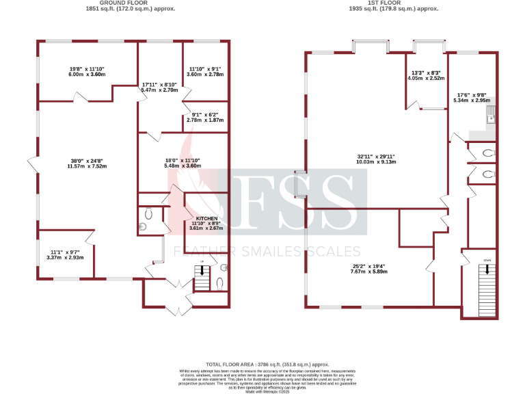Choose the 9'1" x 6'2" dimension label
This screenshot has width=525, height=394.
205,117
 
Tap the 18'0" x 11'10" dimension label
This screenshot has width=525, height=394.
182,163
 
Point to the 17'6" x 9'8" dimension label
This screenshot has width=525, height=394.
472,98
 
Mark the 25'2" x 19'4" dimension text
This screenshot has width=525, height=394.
369,269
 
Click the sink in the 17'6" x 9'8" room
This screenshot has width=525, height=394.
490,118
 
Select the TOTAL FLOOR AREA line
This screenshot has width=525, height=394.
262,365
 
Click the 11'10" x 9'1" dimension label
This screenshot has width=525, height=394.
205,71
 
